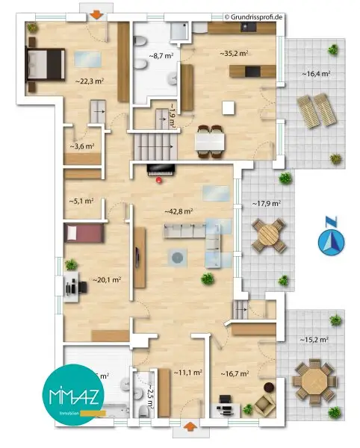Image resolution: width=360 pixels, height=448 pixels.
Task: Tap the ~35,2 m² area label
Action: click(x=233, y=54)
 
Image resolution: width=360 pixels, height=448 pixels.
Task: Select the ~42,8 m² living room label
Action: click(x=179, y=211)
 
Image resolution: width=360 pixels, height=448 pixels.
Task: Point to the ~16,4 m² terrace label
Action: click(x=316, y=74)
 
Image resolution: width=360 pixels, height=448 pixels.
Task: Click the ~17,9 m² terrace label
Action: click(x=265, y=203)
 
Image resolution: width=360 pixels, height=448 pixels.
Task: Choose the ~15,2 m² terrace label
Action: click(x=315, y=340)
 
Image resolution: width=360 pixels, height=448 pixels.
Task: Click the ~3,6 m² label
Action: click(x=81, y=147)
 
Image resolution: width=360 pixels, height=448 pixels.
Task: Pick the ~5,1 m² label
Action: click(x=81, y=200)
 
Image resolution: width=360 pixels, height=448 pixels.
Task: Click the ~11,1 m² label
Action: click(x=184, y=371)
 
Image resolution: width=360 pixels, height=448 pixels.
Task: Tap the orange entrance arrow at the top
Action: click(x=96, y=15)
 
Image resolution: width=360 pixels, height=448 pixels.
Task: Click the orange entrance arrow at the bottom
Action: click(x=190, y=428)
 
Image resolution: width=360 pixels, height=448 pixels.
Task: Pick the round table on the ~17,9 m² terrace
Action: click(x=268, y=237)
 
